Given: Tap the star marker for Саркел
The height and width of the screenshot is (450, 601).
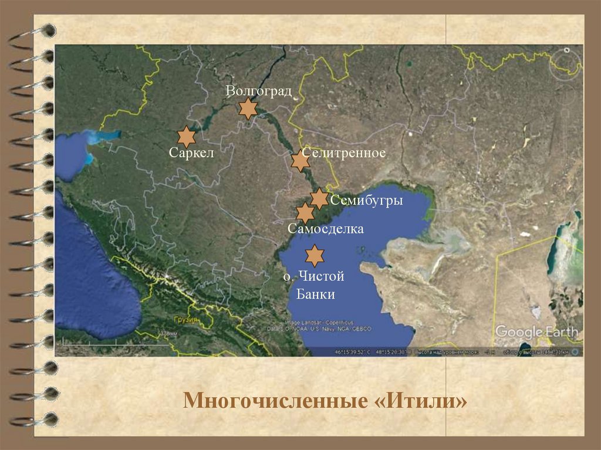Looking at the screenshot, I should click(187, 136).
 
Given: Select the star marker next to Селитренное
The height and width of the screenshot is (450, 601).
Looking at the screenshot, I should click(300, 160).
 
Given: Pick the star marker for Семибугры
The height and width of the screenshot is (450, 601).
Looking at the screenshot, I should click(319, 198).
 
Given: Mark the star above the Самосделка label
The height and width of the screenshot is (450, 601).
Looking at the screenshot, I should click(305, 213).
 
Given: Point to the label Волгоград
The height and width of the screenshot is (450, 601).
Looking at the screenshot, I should click(259, 91).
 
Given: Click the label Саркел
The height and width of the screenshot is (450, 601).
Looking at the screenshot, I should click(190, 154).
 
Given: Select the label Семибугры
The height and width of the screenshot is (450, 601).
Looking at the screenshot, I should click(366, 201).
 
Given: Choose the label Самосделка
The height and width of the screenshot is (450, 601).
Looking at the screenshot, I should click(326, 229).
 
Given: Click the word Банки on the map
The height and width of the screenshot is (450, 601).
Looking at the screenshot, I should click(316, 294).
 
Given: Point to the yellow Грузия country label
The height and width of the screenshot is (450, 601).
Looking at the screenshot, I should click(185, 320).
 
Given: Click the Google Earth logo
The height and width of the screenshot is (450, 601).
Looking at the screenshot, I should click(536, 331).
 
